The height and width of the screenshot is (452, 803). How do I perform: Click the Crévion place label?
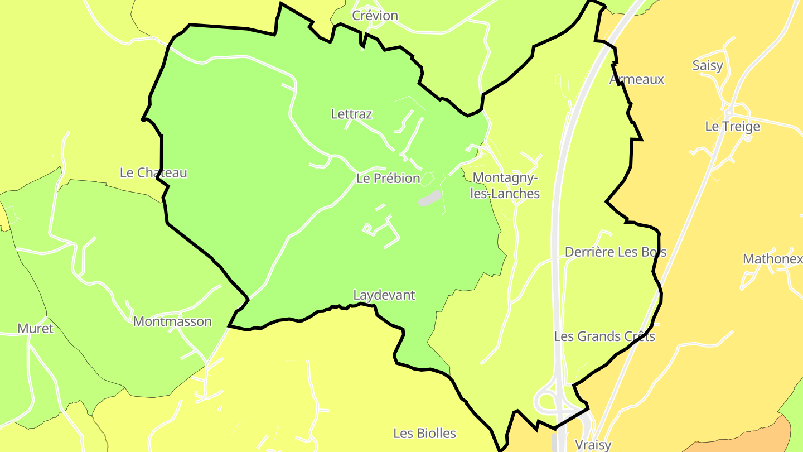click(x=375, y=16)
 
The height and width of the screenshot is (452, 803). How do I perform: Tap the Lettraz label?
click(x=351, y=114)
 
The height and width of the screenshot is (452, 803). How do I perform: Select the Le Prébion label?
click(x=388, y=179)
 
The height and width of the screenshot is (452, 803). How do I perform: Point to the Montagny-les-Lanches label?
click(x=505, y=185)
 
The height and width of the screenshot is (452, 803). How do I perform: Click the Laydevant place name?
click(x=384, y=295)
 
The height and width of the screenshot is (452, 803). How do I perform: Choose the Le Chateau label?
click(x=153, y=173)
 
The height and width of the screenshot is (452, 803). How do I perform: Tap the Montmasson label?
click(x=172, y=322)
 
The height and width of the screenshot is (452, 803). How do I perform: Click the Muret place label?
click(x=35, y=328)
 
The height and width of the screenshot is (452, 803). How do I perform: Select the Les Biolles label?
click(x=424, y=434)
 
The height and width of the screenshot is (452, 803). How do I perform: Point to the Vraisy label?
click(x=593, y=445)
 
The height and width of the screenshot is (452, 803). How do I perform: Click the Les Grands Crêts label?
click(x=604, y=336)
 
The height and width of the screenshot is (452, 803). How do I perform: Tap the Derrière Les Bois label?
click(x=616, y=252)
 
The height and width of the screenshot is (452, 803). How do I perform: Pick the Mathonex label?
click(x=772, y=259)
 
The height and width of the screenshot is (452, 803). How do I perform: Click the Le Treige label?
click(x=732, y=127)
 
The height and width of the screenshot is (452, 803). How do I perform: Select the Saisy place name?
click(x=707, y=66)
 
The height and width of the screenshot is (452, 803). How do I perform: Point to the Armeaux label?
click(x=637, y=79)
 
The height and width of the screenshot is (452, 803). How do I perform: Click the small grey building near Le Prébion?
click(x=429, y=198)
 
